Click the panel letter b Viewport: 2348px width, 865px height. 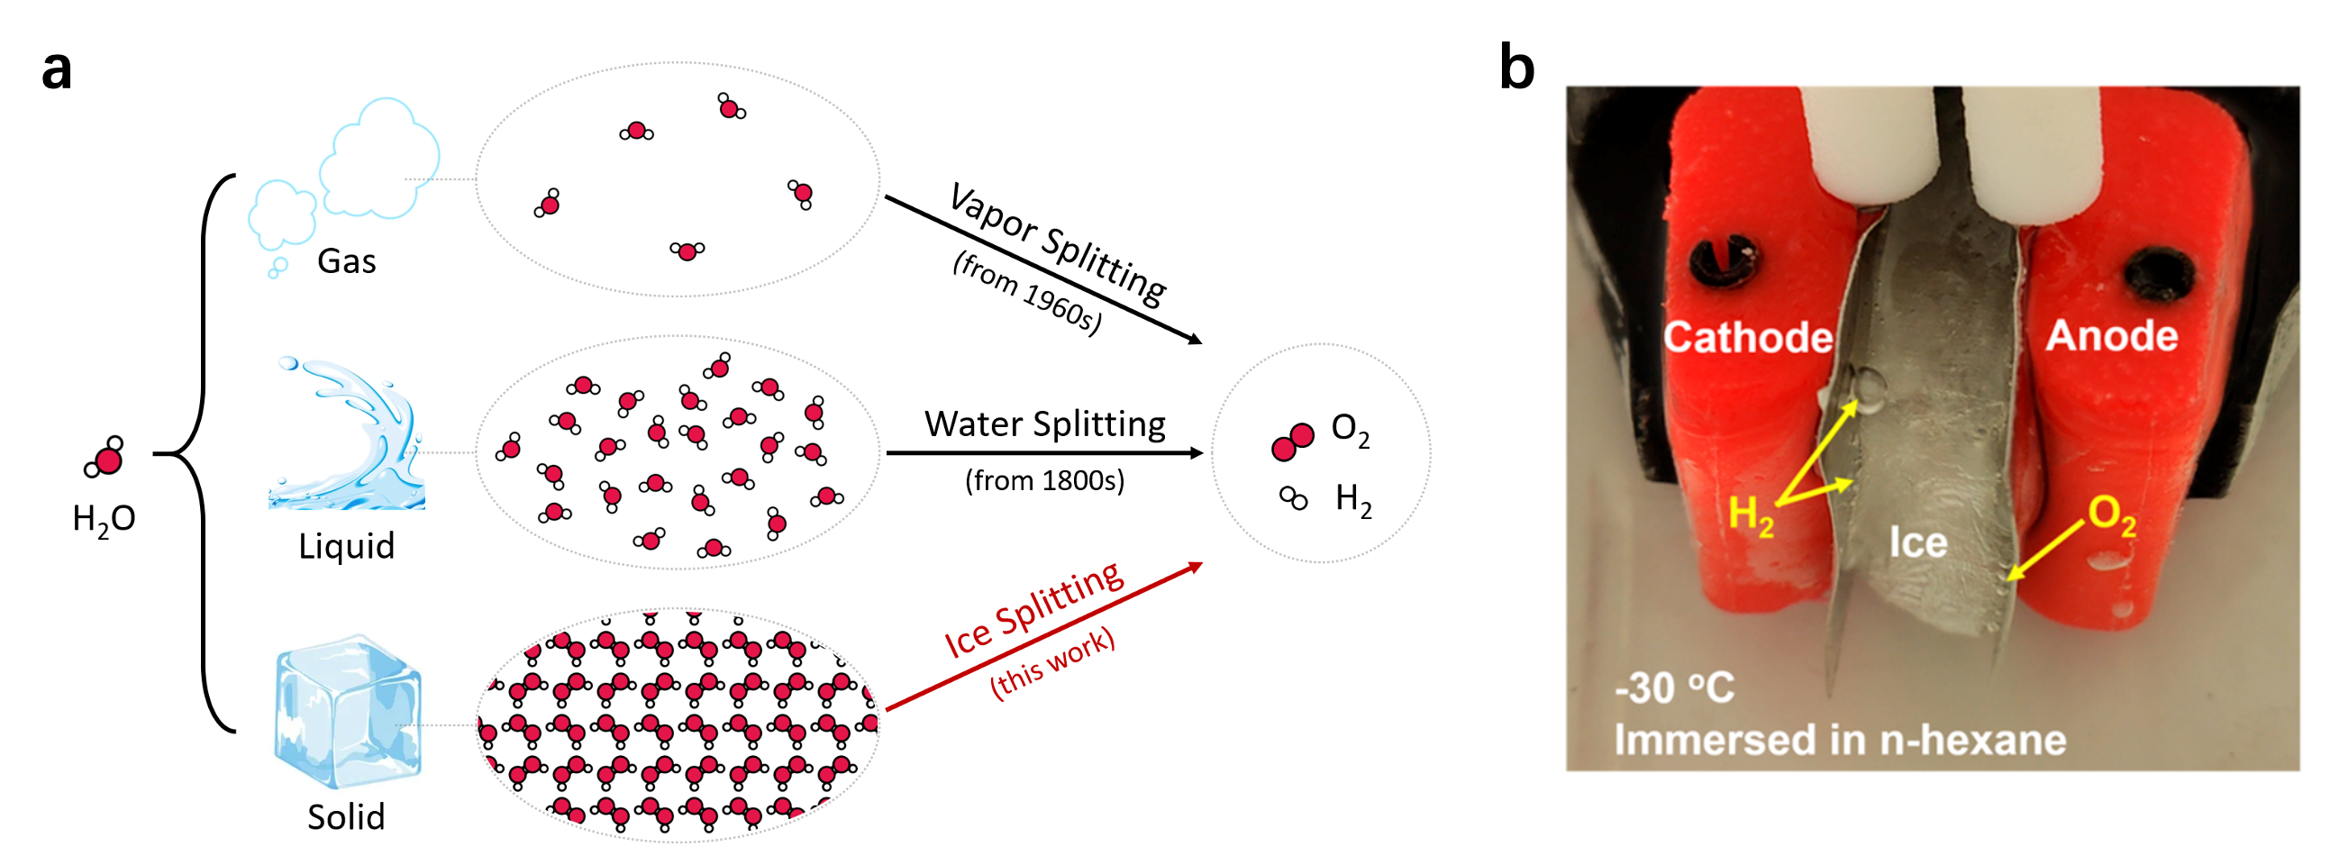(x=1516, y=68)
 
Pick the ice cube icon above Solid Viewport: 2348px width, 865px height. (x=347, y=711)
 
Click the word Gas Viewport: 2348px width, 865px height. (x=346, y=261)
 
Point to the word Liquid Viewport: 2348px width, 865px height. (x=346, y=546)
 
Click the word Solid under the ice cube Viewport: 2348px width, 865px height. (x=346, y=816)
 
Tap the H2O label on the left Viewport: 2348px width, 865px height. (x=104, y=519)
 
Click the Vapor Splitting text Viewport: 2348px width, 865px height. (x=1058, y=242)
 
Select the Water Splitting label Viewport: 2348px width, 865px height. (x=1044, y=423)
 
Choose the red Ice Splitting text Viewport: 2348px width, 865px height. (x=1033, y=609)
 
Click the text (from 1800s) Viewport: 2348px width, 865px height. (x=1044, y=480)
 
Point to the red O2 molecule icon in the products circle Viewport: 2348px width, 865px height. (x=1293, y=442)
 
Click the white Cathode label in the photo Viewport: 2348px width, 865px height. (x=1747, y=337)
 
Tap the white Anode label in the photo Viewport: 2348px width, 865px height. (x=2112, y=335)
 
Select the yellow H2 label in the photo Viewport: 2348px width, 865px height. (x=1750, y=514)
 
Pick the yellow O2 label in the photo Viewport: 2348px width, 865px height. (x=2112, y=516)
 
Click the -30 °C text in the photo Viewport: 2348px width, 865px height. (x=1674, y=687)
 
